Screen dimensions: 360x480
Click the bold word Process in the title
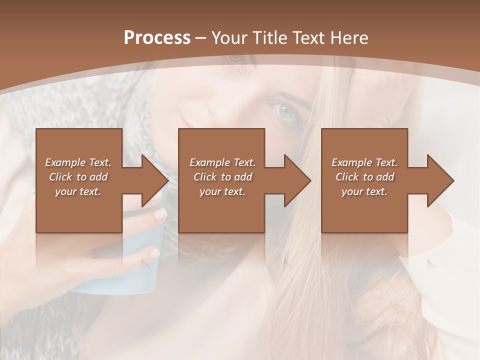pos(157,38)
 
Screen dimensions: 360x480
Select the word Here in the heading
pos(349,38)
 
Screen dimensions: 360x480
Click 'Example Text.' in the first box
pos(78,162)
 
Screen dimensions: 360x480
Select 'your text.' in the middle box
pos(222,191)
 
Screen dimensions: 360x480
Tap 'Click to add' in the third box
pos(364,177)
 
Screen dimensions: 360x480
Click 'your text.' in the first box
pos(78,191)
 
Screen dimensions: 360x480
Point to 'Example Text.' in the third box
pos(364,162)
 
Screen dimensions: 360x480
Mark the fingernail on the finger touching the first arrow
pos(160,214)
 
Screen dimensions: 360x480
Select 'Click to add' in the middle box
pos(222,177)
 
